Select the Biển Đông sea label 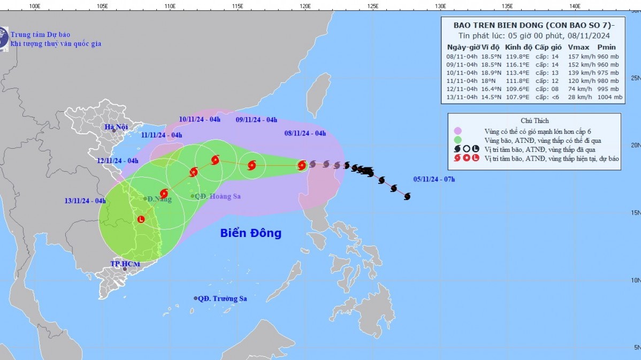(250, 233)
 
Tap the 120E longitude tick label (305, 6)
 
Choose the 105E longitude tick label (102, 6)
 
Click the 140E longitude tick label (575, 6)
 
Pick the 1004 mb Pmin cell (611, 97)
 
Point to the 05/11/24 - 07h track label (434, 179)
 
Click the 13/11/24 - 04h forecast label (86, 201)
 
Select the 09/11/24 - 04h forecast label (256, 120)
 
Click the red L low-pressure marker (141, 219)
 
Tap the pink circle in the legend (457, 131)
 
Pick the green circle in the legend (457, 140)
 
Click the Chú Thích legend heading (535, 121)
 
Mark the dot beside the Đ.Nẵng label (144, 199)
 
